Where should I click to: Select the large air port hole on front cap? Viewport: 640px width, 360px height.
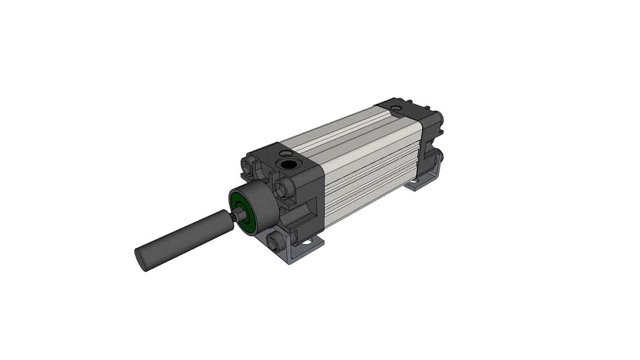[288, 165]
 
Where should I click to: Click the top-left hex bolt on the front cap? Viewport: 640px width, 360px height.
[248, 165]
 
